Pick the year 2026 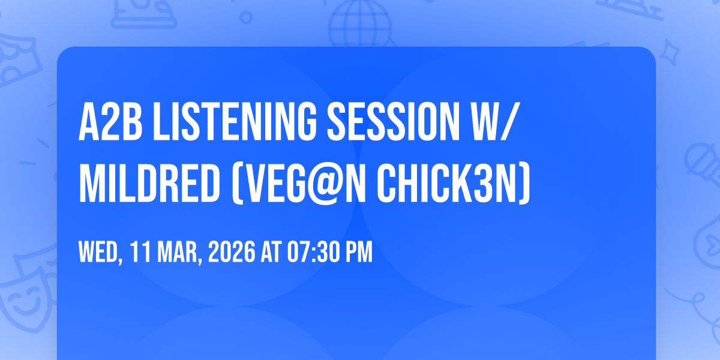(x=233, y=251)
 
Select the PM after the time (x=358, y=251)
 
